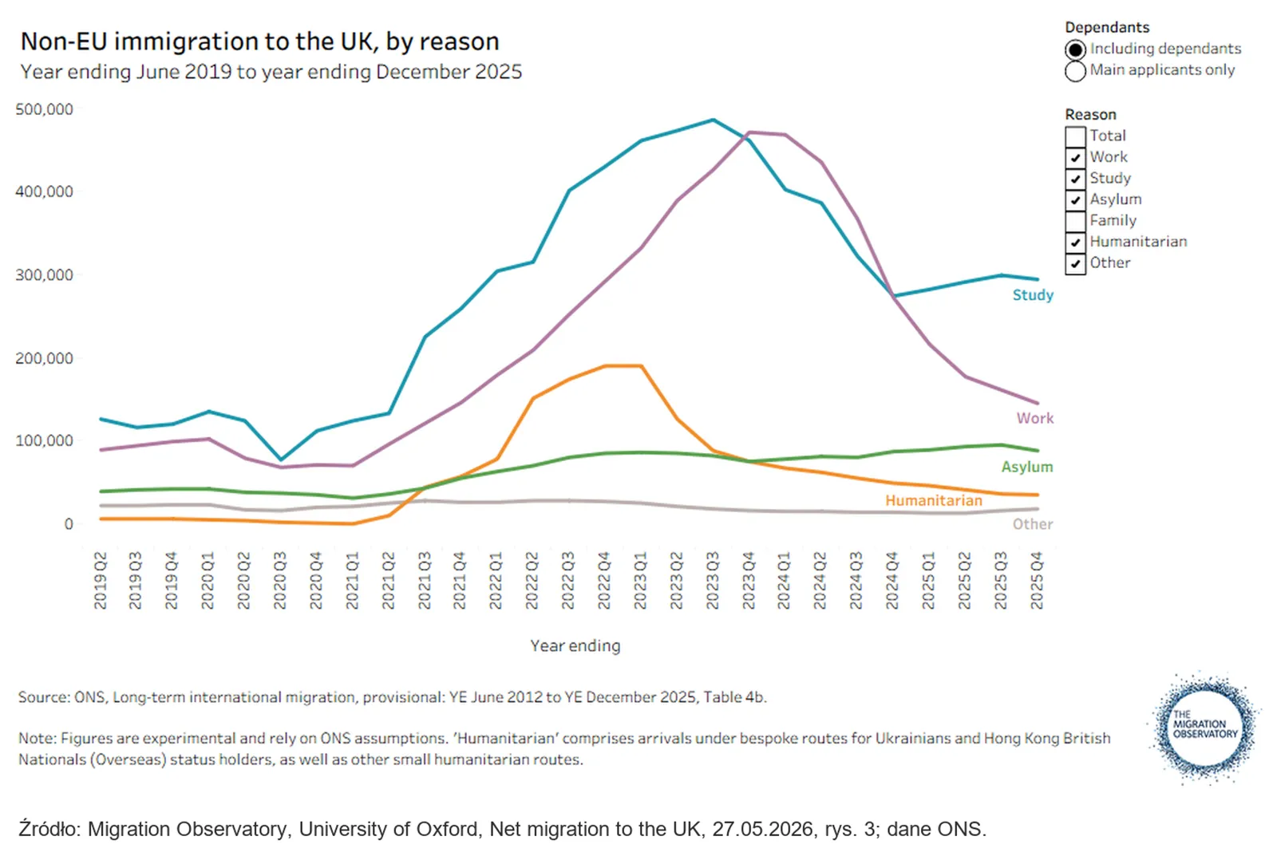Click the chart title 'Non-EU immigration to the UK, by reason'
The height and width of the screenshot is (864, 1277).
tap(260, 41)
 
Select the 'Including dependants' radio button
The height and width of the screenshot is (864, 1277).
tap(1075, 50)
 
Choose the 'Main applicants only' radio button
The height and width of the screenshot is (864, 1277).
tap(1075, 71)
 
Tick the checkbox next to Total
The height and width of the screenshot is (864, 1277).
tap(1075, 136)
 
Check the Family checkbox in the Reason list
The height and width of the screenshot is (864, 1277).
tap(1075, 221)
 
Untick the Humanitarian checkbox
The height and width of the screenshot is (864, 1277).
tap(1075, 243)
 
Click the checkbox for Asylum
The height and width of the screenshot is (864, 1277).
tap(1075, 200)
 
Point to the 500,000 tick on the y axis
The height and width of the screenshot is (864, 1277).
tap(45, 108)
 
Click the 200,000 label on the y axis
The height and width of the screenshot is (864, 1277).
tap(45, 358)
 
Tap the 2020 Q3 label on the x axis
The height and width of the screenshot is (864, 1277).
tap(279, 580)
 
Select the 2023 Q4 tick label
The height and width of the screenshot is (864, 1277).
tap(749, 580)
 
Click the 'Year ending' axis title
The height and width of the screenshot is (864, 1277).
tap(575, 645)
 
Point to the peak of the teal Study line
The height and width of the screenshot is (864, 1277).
tap(714, 120)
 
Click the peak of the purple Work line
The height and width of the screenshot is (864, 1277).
tap(749, 132)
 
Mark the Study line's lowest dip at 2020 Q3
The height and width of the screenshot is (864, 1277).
tap(280, 460)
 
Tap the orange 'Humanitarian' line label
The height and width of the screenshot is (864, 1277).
tap(934, 500)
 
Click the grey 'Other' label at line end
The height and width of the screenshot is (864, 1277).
tap(1033, 524)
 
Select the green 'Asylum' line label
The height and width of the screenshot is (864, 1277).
tap(1027, 467)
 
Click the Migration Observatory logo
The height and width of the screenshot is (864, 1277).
tap(1204, 728)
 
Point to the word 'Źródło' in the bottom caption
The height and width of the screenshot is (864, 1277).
tap(49, 829)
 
